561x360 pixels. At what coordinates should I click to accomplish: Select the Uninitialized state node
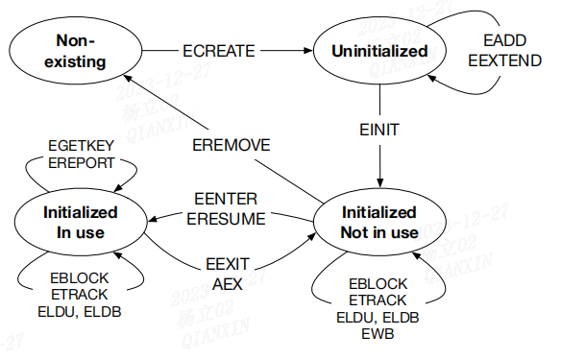tap(379, 50)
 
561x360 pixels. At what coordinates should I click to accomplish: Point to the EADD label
tap(500, 42)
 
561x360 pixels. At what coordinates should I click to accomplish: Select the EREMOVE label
tap(231, 145)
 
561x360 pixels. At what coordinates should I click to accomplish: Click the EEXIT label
tap(228, 266)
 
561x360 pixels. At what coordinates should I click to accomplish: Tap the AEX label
tap(228, 284)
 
